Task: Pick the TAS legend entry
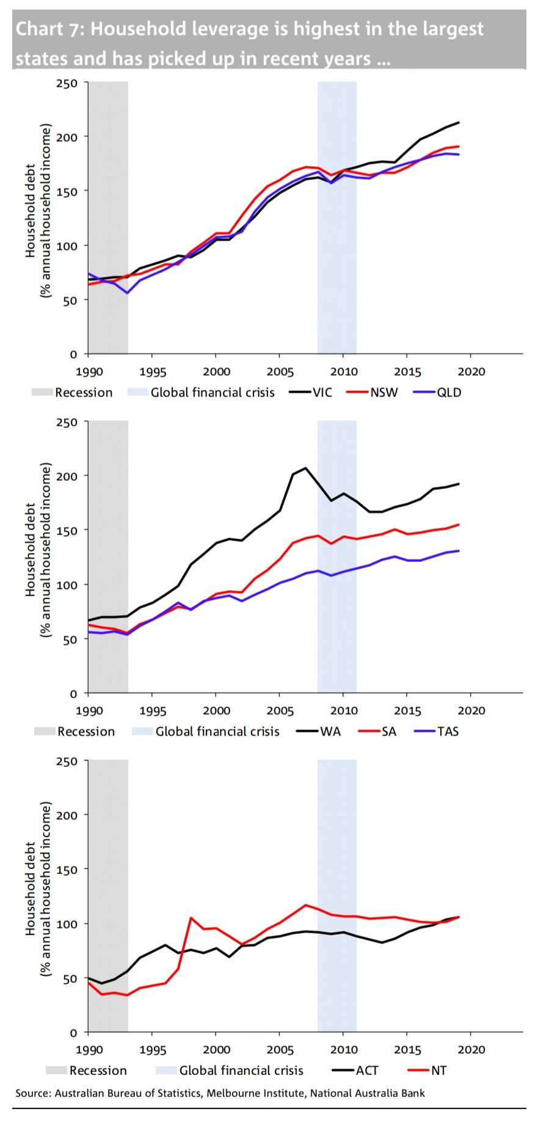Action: [x=448, y=731]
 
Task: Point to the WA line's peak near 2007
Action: [x=305, y=468]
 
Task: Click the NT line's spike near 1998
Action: [x=191, y=917]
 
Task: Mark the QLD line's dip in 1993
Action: [x=127, y=293]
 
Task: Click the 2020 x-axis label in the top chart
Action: [x=471, y=371]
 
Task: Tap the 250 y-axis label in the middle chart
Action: [x=67, y=422]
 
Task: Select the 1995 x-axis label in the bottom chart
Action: [x=152, y=1049]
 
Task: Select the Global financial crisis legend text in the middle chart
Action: [x=217, y=731]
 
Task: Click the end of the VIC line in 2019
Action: [x=459, y=122]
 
